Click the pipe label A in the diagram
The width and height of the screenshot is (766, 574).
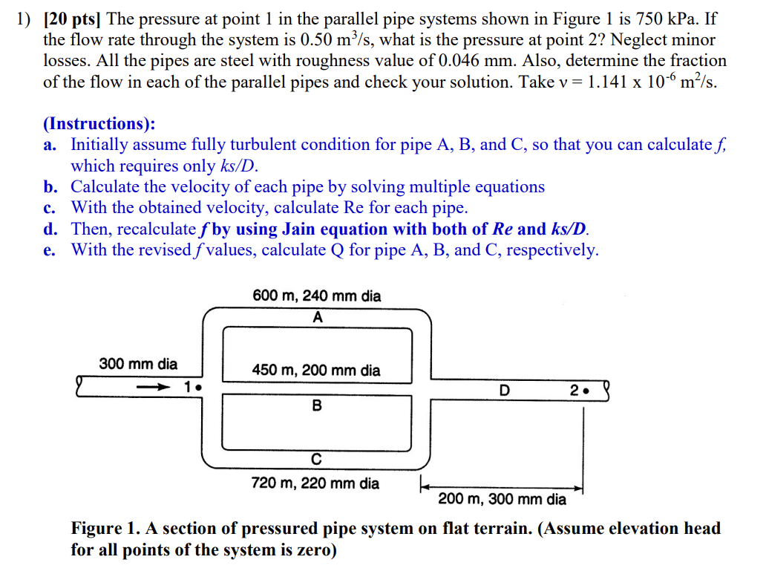(x=318, y=317)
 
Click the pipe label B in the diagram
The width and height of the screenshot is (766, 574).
(x=318, y=406)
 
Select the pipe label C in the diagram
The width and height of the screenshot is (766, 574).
(x=317, y=460)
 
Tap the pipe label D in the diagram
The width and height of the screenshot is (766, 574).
(x=505, y=390)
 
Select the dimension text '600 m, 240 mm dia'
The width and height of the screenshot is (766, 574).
(x=317, y=296)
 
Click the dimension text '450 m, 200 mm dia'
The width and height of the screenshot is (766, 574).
(x=317, y=370)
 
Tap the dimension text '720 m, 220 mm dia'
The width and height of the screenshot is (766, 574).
(x=315, y=483)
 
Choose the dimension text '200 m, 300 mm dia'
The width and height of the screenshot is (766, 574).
(x=502, y=499)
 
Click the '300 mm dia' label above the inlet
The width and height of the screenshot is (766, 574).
(x=139, y=364)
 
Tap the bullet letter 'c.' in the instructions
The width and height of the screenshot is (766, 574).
(x=50, y=208)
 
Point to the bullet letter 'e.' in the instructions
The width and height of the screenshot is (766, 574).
(x=50, y=250)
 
